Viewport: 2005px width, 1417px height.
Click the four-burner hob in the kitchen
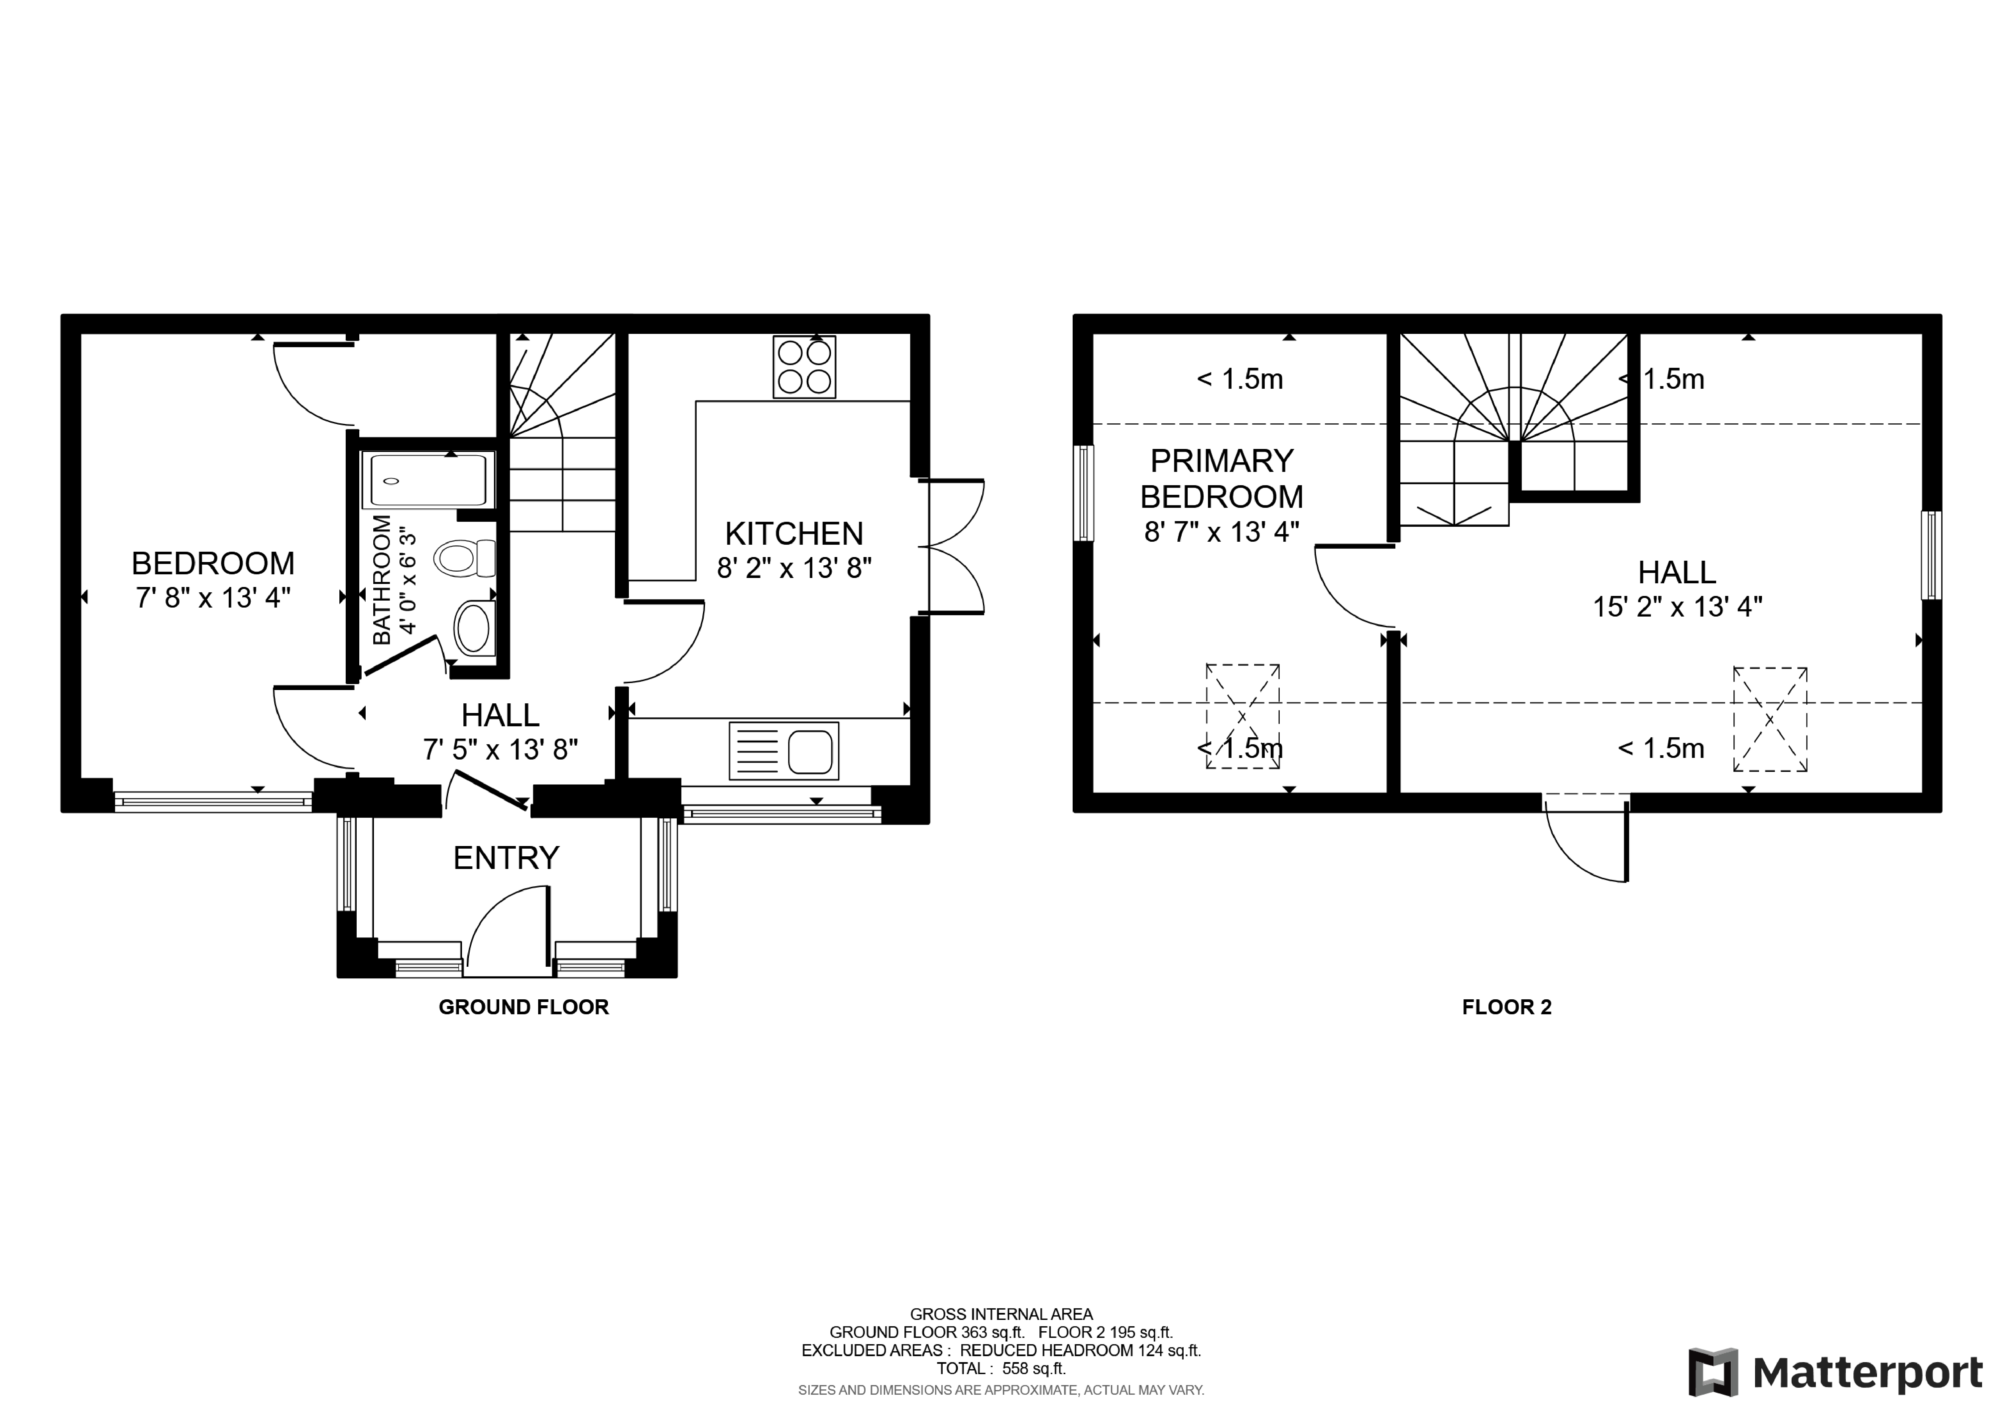click(803, 368)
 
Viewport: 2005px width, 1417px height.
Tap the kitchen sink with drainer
click(783, 751)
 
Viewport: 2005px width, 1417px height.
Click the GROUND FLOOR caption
click(523, 1007)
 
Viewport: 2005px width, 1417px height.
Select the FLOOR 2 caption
click(1506, 1007)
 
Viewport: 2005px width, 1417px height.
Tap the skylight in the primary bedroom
click(1242, 716)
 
